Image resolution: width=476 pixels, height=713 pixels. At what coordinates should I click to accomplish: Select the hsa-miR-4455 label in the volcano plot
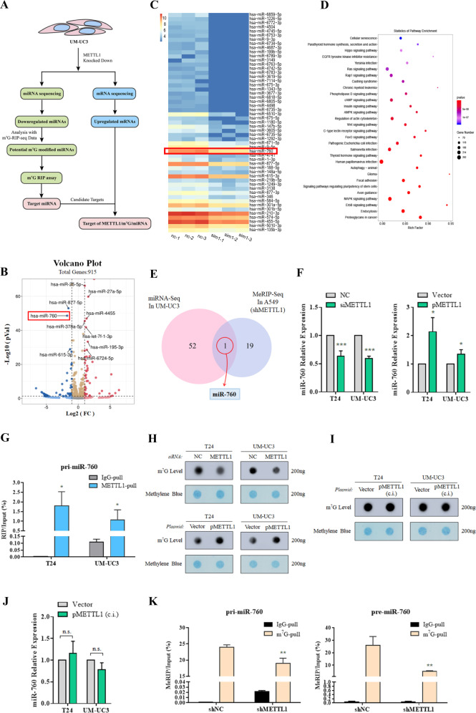pyautogui.click(x=99, y=294)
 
